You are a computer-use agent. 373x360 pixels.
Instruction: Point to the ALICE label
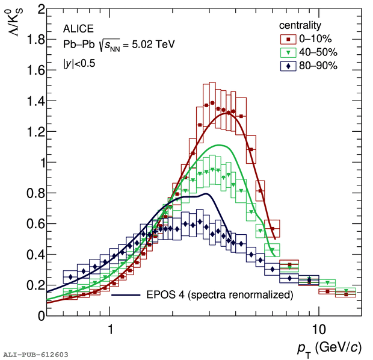(x=77, y=28)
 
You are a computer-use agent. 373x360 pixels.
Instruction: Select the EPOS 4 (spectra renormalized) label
(x=219, y=295)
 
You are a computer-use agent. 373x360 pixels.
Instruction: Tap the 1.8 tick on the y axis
(x=34, y=40)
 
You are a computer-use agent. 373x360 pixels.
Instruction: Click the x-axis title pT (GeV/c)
(x=329, y=348)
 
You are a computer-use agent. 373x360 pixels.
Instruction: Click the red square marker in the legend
(x=288, y=39)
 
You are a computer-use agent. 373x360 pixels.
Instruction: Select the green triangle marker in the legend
(x=288, y=52)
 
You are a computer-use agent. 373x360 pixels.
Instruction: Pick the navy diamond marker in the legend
(x=288, y=66)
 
